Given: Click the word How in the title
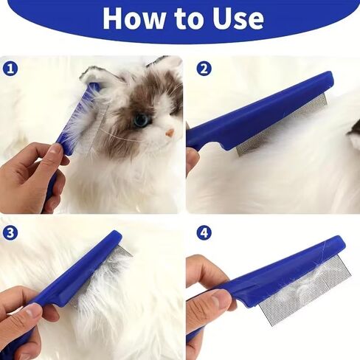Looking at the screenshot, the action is [x=134, y=18].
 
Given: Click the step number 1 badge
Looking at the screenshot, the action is [x=10, y=69].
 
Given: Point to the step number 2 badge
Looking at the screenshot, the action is [x=204, y=69].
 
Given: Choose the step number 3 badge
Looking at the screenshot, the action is [x=10, y=233].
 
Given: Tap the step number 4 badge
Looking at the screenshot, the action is [x=204, y=233].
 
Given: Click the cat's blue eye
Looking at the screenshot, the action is [x=142, y=120].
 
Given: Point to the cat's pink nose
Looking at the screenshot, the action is [x=170, y=134].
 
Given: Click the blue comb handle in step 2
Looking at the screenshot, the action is [x=260, y=113].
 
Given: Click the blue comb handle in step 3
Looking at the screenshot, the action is [x=74, y=275].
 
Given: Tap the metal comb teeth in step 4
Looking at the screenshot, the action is [x=305, y=294].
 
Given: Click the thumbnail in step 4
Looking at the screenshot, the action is [x=220, y=298].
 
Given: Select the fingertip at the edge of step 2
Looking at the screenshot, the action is [x=191, y=157].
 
